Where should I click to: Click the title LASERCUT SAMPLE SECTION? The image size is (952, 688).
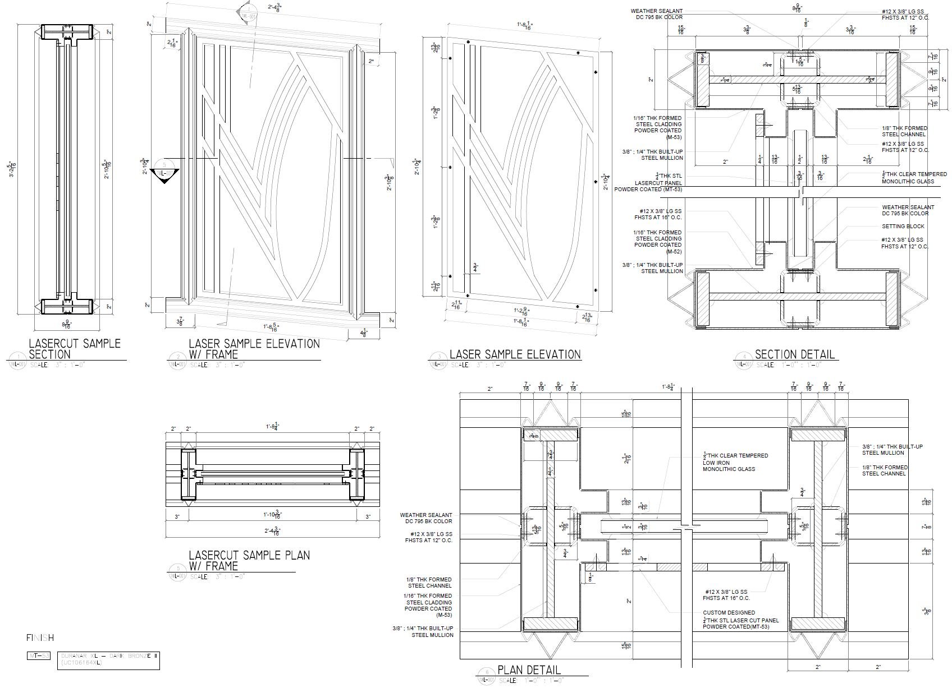tap(74, 348)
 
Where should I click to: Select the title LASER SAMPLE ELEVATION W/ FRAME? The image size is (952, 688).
tap(254, 348)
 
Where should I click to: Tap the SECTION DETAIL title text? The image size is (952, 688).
tap(794, 354)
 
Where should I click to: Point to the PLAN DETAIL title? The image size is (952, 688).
tap(529, 669)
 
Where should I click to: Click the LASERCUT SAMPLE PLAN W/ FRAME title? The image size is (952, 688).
tap(249, 560)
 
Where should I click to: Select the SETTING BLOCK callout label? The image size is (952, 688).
tap(903, 227)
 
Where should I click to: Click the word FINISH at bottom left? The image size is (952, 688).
tap(40, 638)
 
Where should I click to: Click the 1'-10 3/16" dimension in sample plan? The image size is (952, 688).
tap(272, 514)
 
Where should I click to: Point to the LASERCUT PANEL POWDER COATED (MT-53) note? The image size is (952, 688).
tap(648, 183)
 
